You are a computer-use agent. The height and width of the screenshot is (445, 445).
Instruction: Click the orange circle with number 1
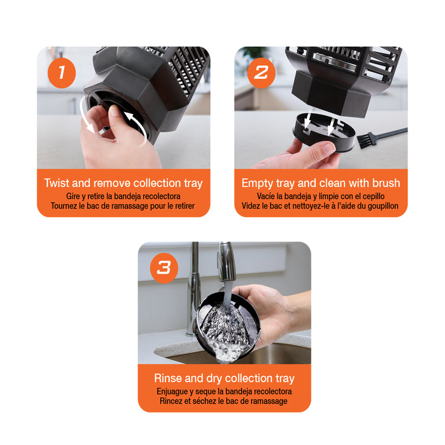coord(62,72)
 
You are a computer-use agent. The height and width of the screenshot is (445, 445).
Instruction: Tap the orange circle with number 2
coord(261,72)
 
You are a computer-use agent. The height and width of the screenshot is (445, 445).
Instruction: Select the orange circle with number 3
coord(164,268)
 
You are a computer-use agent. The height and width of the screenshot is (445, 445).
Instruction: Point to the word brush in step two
coord(386,183)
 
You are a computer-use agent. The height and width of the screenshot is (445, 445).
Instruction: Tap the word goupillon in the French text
coord(383,206)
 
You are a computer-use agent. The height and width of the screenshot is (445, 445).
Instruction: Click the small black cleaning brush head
coord(363,141)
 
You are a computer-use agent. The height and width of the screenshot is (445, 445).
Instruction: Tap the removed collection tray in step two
coord(323,132)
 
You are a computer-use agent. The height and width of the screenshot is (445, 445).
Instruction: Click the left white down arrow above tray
coord(307,121)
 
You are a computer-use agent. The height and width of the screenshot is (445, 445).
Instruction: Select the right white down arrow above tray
coord(330,125)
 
